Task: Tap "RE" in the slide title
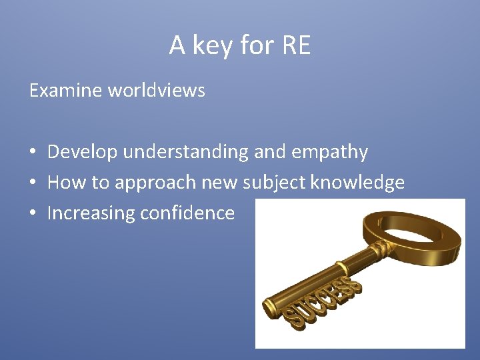297,46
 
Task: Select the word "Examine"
63,91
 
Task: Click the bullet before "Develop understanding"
33,153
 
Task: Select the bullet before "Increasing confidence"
33,214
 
